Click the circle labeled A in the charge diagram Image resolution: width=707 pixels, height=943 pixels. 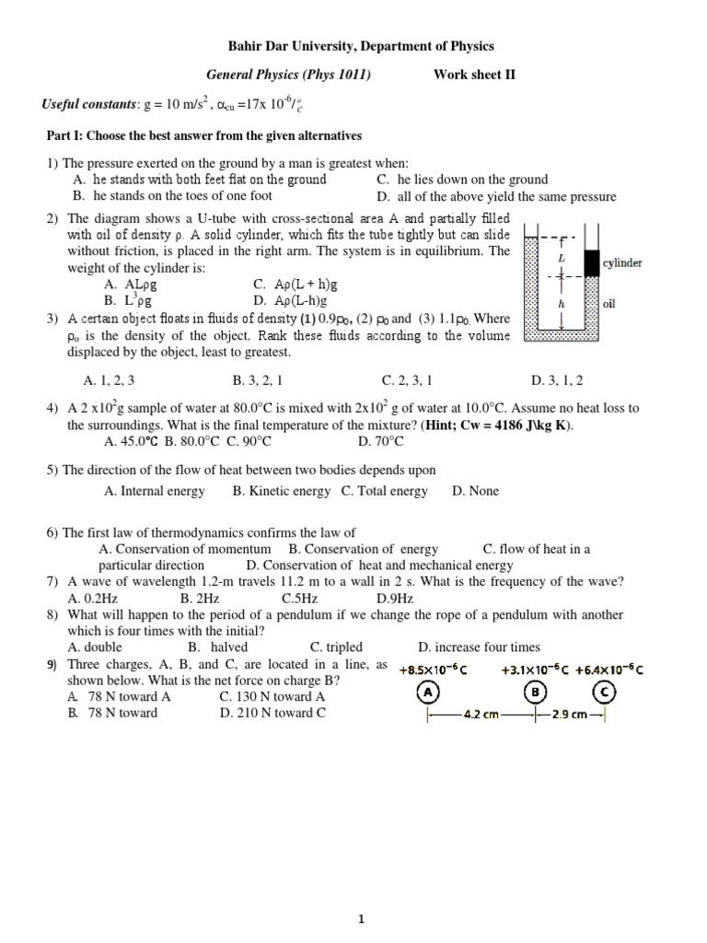pos(428,693)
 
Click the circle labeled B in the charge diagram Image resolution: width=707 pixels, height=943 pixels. pos(535,693)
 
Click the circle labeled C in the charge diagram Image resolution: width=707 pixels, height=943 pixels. pos(604,693)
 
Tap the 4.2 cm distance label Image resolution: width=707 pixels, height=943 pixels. pos(481,714)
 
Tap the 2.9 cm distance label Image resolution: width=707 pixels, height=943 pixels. pos(570,714)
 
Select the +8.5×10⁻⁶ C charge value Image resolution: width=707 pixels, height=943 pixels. pos(434,669)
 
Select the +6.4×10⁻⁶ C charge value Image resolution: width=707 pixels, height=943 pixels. pos(608,669)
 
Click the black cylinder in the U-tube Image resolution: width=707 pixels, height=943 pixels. pos(591,264)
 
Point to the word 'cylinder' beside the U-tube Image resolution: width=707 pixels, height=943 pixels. pos(622,263)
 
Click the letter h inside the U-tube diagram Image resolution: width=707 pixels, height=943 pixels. pos(562,303)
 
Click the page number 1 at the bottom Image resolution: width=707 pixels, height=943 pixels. pos(362,892)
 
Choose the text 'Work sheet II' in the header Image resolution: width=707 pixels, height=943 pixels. pos(475,76)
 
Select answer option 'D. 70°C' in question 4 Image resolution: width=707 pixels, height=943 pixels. pos(378,441)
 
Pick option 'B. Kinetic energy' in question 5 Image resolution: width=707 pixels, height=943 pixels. pos(282,491)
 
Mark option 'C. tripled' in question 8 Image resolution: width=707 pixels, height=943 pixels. pos(336,647)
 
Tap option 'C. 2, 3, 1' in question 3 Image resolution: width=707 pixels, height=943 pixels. pos(407,379)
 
